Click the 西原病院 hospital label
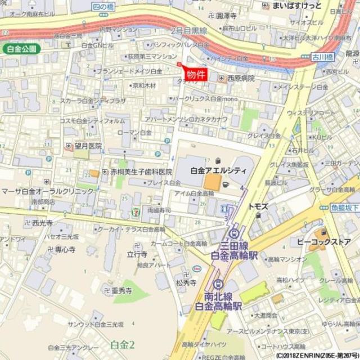(240, 79)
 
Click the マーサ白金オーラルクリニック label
(47, 191)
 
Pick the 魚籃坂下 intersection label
(344, 207)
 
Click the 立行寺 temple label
(137, 254)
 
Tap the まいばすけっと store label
(300, 6)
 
